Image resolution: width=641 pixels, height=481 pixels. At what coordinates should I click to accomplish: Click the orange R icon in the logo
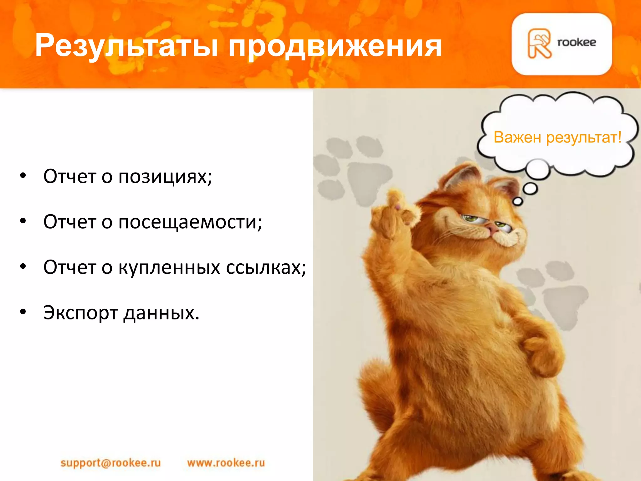tap(539, 44)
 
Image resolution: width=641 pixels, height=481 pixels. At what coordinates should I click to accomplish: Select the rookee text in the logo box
tap(577, 42)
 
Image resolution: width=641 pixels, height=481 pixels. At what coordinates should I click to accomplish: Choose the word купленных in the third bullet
tap(169, 268)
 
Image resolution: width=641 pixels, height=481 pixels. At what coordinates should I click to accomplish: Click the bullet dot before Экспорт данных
tap(23, 312)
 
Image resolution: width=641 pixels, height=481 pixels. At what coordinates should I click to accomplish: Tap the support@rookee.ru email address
tap(110, 463)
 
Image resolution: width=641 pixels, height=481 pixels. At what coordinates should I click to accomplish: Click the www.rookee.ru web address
tap(226, 463)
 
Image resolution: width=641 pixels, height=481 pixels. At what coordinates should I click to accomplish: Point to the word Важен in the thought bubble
tap(517, 137)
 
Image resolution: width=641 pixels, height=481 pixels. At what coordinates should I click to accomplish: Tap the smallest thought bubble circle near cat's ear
tap(518, 201)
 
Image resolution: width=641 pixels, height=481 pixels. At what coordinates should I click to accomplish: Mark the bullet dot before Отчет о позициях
tap(23, 176)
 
